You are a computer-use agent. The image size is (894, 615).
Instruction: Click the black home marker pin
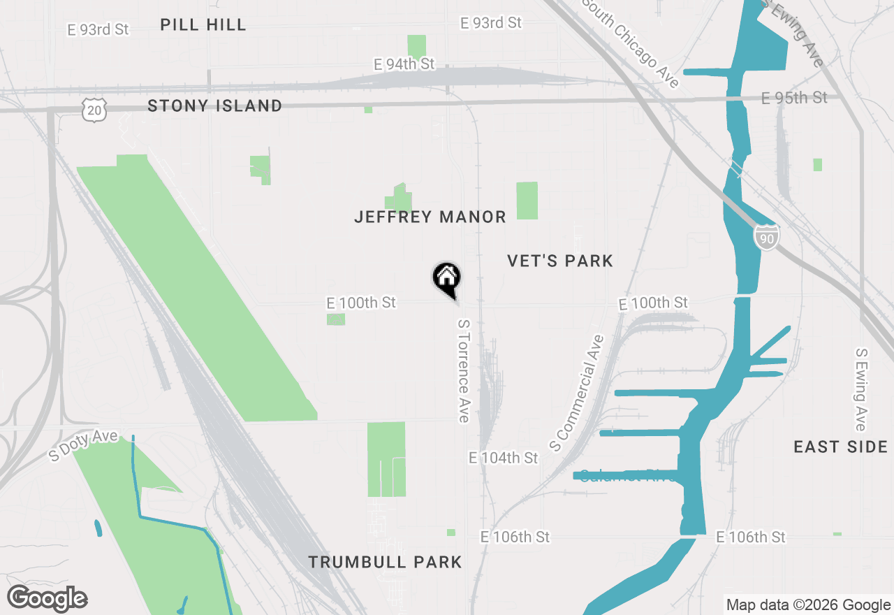446,277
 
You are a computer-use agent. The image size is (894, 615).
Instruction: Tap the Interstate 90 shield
766,237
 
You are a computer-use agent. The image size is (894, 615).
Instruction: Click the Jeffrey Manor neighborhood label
430,217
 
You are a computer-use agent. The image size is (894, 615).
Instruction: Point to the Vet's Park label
560,261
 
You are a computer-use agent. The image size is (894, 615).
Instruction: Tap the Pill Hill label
203,25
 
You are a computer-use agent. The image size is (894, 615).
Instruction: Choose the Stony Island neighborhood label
215,106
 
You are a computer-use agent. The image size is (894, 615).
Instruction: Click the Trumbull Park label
385,562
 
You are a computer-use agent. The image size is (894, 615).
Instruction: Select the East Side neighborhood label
841,447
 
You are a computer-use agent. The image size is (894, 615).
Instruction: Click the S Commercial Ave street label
576,393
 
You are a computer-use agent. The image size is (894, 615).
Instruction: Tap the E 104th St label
503,458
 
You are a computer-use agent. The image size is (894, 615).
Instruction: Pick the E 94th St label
404,64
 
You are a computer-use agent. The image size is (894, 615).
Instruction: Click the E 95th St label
794,97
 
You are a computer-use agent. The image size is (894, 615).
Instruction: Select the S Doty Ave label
84,444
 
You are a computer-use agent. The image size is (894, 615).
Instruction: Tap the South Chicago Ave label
631,43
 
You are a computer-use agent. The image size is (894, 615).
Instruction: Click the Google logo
47,599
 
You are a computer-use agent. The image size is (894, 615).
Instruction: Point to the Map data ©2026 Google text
807,605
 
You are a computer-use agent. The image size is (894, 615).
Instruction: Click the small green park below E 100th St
336,319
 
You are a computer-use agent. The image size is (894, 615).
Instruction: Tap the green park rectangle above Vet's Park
527,201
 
